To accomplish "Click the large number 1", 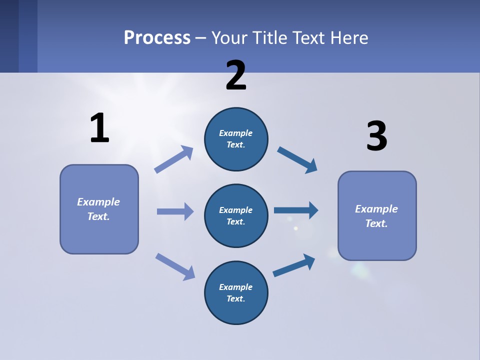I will [99, 128].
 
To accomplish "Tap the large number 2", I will [236, 75].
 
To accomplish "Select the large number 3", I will [376, 136].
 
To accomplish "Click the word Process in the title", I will [157, 37].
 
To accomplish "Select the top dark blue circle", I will [236, 139].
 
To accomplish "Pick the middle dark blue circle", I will [236, 215].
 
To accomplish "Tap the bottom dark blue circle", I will [236, 292].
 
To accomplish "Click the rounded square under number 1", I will [99, 209].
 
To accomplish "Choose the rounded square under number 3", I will [377, 215].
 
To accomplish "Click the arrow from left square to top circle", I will [174, 159].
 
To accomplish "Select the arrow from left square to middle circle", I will [175, 211].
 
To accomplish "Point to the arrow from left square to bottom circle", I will [175, 266].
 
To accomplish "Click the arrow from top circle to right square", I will [297, 160].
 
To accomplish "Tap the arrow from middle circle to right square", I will [296, 210].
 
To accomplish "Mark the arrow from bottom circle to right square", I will [294, 265].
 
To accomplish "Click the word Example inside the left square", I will [98, 202].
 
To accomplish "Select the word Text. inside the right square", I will [376, 223].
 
